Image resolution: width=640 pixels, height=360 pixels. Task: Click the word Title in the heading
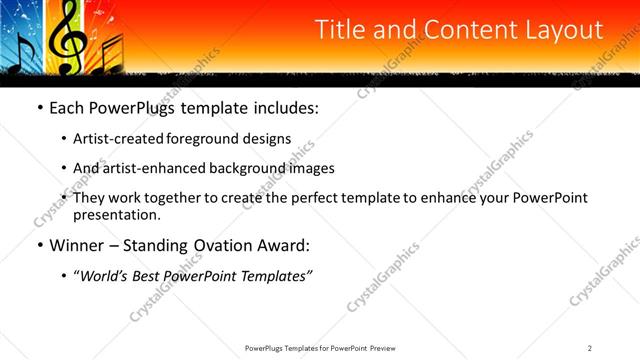pos(340,31)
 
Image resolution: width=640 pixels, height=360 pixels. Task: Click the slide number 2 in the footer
pos(590,348)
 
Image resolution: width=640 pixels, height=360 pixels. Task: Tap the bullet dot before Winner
pos(39,246)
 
